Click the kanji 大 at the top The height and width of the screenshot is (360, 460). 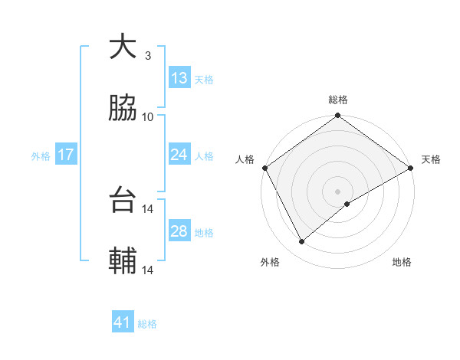pos(122,47)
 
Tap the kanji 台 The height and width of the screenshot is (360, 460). pos(122,201)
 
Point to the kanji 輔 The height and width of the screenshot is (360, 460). pos(122,262)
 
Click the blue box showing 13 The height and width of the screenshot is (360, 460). pos(179,78)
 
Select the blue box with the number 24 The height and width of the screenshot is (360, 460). pos(179,155)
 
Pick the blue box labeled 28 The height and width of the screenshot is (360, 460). pos(179,231)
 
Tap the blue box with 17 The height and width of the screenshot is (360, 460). pos(65,155)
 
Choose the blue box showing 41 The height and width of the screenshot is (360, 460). pos(123,322)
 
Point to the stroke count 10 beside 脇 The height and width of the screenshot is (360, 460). pos(148,116)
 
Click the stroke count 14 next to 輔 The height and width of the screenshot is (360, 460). pos(148,270)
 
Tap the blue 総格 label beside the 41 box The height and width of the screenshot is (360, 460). pos(147,324)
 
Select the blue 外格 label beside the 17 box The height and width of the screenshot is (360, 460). pos(41,155)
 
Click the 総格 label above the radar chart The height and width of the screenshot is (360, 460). pos(338,100)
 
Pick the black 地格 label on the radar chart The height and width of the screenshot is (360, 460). pos(402,262)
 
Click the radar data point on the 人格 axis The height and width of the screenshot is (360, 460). pos(264,168)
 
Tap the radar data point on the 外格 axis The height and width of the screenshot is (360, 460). pos(302,241)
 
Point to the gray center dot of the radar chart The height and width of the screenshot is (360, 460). pos(338,191)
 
